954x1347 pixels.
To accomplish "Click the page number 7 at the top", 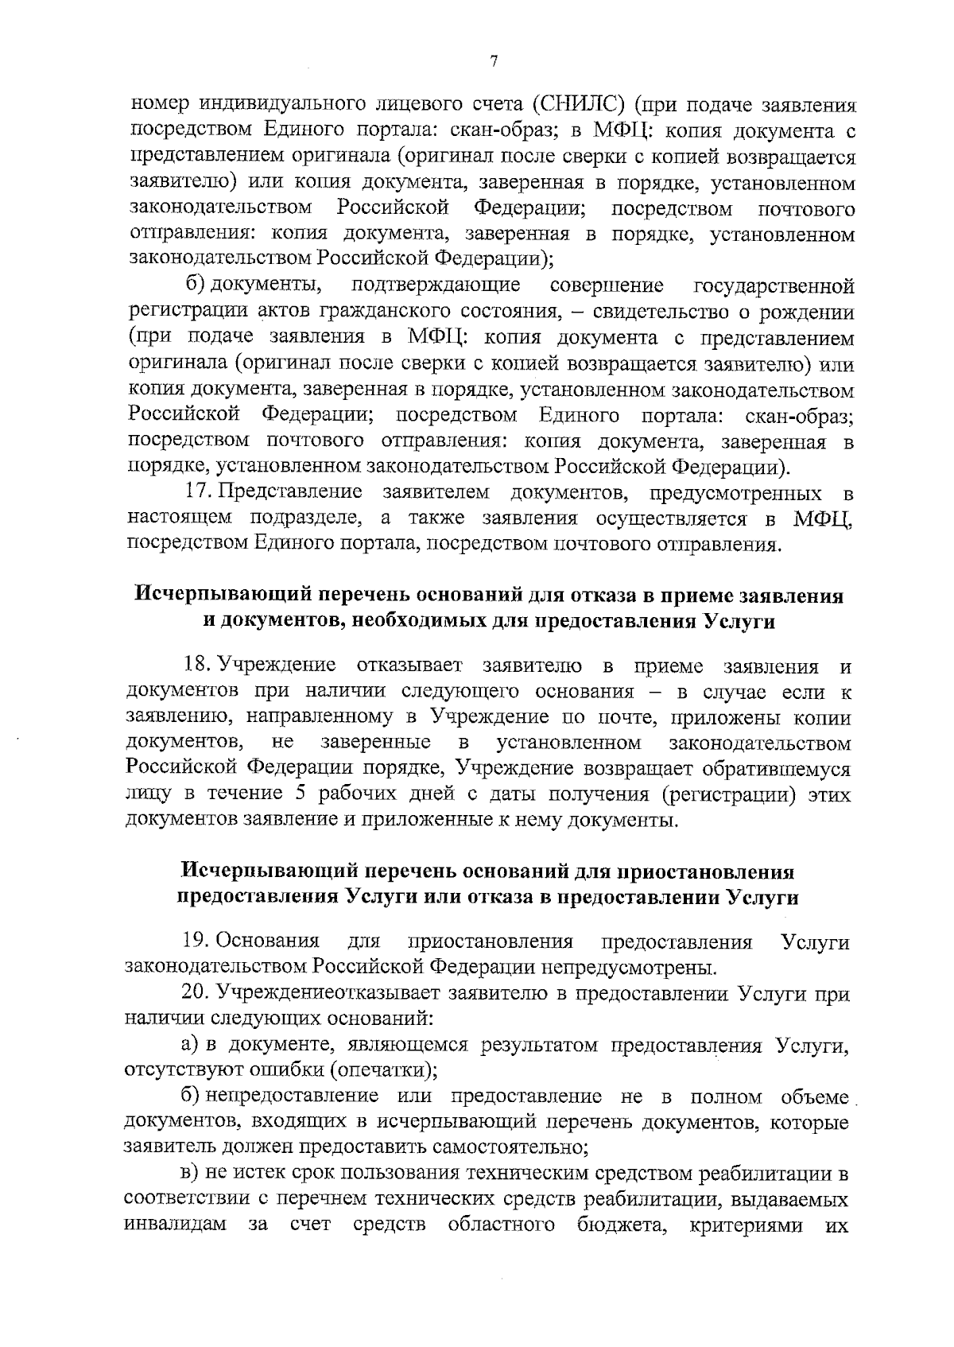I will [x=494, y=62].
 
